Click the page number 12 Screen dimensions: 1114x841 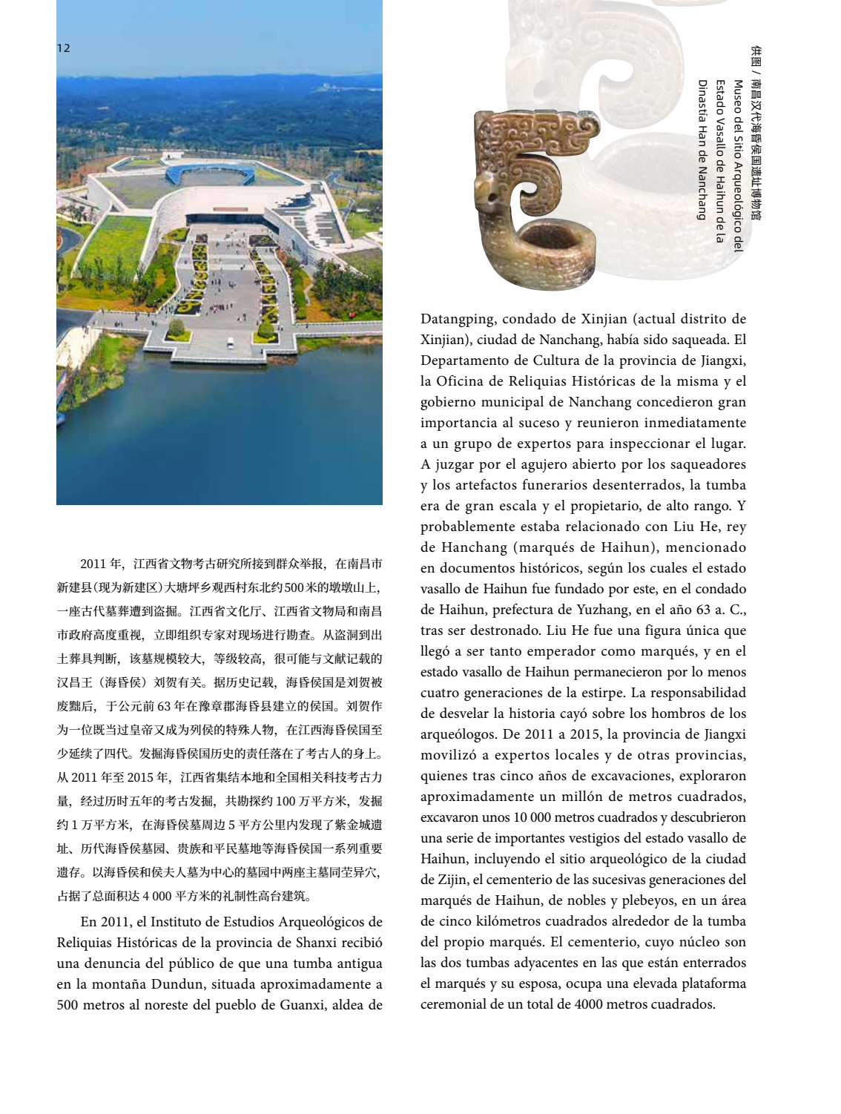(x=63, y=48)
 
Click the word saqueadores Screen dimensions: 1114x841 (x=704, y=465)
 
